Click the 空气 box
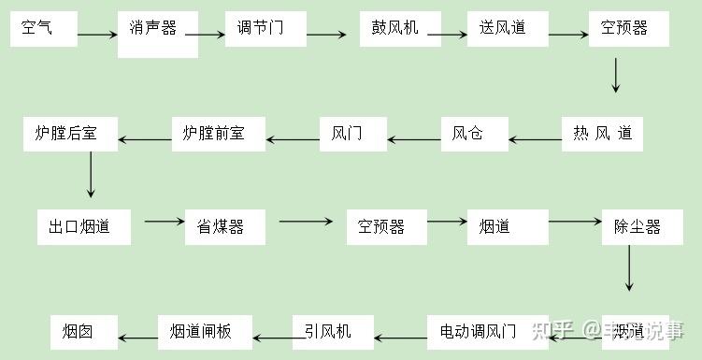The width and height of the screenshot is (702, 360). coord(43,29)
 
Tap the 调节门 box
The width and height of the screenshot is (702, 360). coord(265,29)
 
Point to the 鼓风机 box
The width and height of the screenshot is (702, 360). coord(400,29)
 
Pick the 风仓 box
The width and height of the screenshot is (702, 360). coord(475,134)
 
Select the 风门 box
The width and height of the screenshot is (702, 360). coord(352,134)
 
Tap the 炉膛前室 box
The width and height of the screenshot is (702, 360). coord(219,134)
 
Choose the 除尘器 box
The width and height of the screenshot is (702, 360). coord(637,227)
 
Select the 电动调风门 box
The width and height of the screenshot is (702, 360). coord(485,331)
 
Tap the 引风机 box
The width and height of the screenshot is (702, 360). coord(332,331)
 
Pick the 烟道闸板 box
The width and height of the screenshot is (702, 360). coord(206,332)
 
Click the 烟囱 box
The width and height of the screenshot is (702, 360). coord(84,332)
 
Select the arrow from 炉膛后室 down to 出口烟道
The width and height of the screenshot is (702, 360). coord(91,174)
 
